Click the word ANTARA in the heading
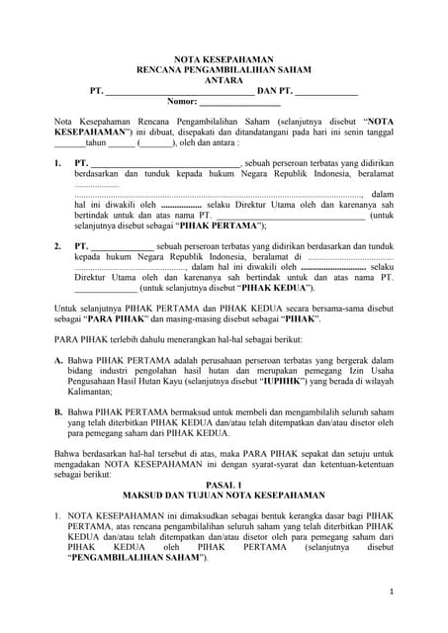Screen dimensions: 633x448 (224, 80)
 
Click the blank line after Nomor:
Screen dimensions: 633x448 (241, 102)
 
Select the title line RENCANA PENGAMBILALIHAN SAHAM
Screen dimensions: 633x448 (224, 69)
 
